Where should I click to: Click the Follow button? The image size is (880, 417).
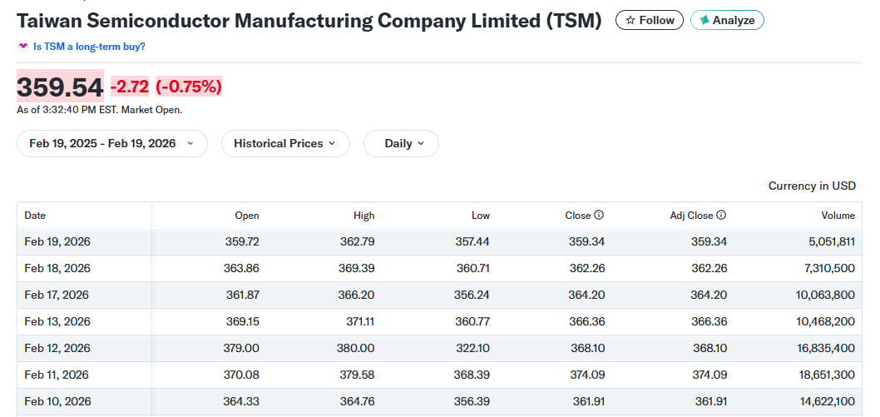(x=649, y=20)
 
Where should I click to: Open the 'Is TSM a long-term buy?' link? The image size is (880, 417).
(x=89, y=47)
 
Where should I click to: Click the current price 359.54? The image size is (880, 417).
(x=60, y=87)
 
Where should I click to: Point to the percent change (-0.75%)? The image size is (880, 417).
(x=189, y=87)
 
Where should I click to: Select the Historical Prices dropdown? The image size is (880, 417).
(x=284, y=143)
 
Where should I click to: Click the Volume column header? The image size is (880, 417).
(x=838, y=216)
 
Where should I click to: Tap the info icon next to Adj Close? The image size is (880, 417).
(x=721, y=215)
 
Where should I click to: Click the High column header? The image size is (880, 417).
(x=363, y=216)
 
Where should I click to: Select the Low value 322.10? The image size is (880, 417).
(x=473, y=348)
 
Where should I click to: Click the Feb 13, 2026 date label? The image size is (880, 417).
(x=57, y=321)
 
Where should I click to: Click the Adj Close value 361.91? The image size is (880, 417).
(x=711, y=401)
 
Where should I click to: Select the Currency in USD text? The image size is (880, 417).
(x=812, y=186)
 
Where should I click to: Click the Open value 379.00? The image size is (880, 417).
(x=241, y=348)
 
